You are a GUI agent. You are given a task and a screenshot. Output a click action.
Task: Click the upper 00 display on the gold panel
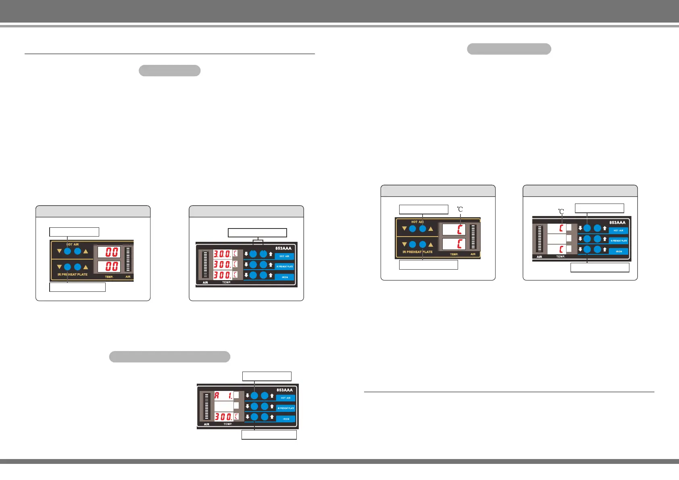pyautogui.click(x=109, y=252)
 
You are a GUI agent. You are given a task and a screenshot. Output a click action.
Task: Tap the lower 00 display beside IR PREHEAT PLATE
pyautogui.click(x=109, y=266)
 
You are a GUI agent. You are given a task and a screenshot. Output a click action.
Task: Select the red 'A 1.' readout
pyautogui.click(x=224, y=395)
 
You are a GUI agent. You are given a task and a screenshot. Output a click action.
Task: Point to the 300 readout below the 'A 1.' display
pyautogui.click(x=224, y=416)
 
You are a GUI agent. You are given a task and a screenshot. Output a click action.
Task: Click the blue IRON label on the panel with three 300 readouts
pyautogui.click(x=285, y=277)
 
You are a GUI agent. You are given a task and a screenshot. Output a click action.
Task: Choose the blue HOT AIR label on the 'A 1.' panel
pyautogui.click(x=286, y=398)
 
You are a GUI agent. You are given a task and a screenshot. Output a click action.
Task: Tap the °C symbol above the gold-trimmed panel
pyautogui.click(x=460, y=209)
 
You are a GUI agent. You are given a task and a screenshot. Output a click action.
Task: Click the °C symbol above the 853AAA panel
pyautogui.click(x=561, y=211)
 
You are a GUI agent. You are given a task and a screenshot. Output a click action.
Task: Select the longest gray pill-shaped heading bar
pyautogui.click(x=170, y=357)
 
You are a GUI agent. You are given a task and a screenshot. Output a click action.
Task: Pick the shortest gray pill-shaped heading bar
pyautogui.click(x=170, y=71)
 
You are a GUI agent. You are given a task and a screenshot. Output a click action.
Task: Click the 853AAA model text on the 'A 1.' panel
pyautogui.click(x=285, y=390)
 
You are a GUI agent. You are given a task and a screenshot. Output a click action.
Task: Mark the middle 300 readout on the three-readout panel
pyautogui.click(x=222, y=264)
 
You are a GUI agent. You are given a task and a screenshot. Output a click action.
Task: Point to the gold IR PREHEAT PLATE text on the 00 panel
pyautogui.click(x=73, y=274)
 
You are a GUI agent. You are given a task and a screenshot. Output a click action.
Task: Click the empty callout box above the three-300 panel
pyautogui.click(x=257, y=233)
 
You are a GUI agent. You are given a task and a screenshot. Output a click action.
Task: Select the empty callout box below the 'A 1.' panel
pyautogui.click(x=269, y=435)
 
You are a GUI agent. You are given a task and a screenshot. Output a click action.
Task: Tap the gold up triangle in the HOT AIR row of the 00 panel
pyautogui.click(x=85, y=251)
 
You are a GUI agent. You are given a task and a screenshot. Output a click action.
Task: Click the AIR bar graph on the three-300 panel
pyautogui.click(x=205, y=265)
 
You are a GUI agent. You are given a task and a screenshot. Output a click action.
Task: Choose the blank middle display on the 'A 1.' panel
pyautogui.click(x=224, y=406)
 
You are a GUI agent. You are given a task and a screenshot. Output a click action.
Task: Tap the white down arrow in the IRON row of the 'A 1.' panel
pyautogui.click(x=248, y=416)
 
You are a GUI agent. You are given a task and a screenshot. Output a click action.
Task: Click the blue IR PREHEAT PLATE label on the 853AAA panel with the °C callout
pyautogui.click(x=619, y=241)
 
